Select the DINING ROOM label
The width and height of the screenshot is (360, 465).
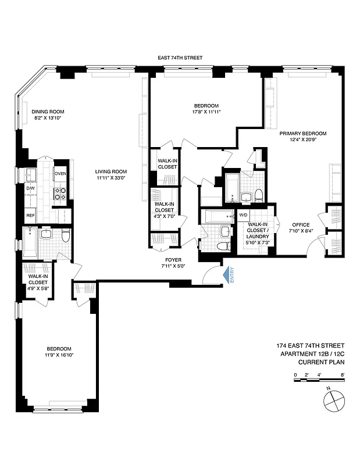[48, 112]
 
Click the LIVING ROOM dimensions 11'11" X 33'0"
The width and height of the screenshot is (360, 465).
[111, 178]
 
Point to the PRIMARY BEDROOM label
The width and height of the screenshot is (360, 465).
[302, 133]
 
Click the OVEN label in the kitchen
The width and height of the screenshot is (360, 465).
[60, 174]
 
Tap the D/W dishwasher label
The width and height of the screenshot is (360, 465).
[30, 188]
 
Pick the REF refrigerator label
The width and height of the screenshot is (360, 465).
[30, 216]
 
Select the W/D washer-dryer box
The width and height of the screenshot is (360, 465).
[243, 214]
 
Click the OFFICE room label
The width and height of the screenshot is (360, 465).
[301, 224]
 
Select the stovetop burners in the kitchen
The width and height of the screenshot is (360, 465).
[60, 193]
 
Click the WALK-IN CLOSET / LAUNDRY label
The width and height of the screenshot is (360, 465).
[258, 230]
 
